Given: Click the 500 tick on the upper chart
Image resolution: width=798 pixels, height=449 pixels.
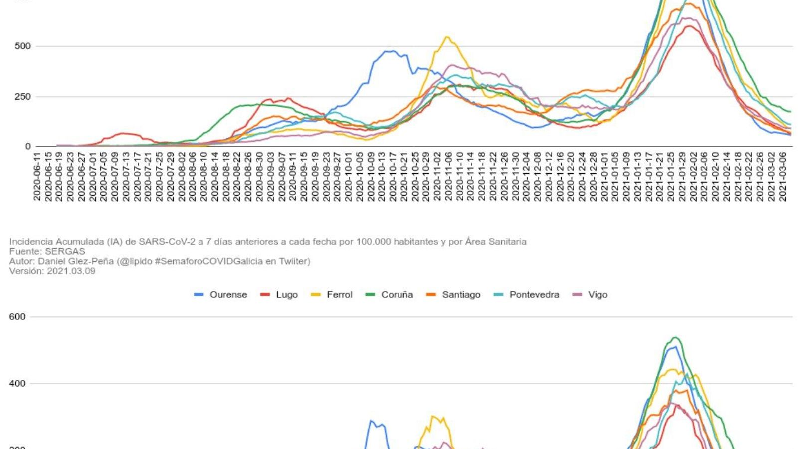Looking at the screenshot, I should [22, 46].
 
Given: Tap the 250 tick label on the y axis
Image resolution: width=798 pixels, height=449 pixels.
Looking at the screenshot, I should [22, 97].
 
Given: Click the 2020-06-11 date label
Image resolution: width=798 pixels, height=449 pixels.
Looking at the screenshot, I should [37, 177].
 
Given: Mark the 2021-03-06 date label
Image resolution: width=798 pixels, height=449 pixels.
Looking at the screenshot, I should [783, 177].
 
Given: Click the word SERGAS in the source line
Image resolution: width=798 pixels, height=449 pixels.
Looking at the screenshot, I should [65, 251].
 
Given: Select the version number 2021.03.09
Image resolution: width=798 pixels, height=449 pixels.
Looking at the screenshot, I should [71, 271].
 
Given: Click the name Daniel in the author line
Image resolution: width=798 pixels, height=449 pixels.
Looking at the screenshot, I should [52, 261].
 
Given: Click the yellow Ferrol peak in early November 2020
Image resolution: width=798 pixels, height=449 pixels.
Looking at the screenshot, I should [447, 37].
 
